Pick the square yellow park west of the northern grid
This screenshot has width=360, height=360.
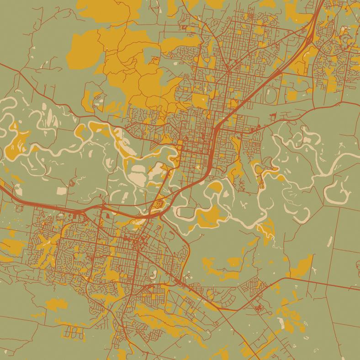200,101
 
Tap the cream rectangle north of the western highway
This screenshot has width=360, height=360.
61,191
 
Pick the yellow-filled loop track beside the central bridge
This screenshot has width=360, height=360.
159,202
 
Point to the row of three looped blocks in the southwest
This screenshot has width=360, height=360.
73,331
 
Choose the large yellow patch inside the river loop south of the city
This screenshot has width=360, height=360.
215,212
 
